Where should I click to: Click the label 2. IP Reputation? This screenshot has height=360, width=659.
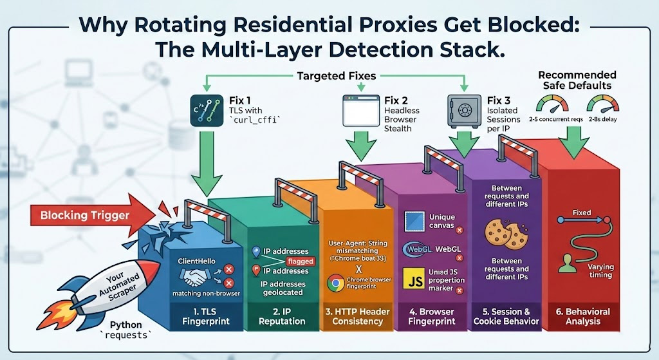click(272, 316)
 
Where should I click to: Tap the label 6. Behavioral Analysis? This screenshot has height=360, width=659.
click(583, 316)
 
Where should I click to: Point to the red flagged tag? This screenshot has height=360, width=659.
click(301, 261)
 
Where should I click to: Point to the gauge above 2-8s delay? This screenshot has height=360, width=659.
click(602, 104)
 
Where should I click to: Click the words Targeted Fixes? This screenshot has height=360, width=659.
click(337, 76)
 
